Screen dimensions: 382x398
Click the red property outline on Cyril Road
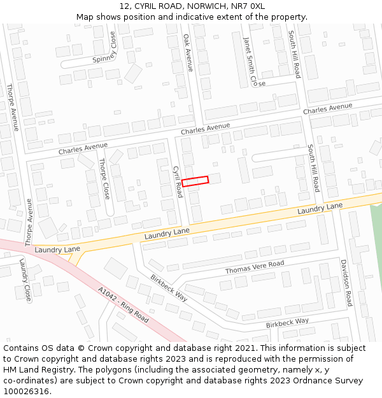pos(195,181)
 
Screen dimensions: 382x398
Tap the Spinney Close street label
pos(105,48)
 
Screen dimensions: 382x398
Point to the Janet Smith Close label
pos(253,62)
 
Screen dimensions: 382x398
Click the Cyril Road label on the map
pos(178,181)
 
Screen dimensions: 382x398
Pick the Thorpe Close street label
pos(104,178)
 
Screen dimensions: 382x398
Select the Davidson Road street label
pos(344,282)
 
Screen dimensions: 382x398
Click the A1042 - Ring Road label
pos(124,304)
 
